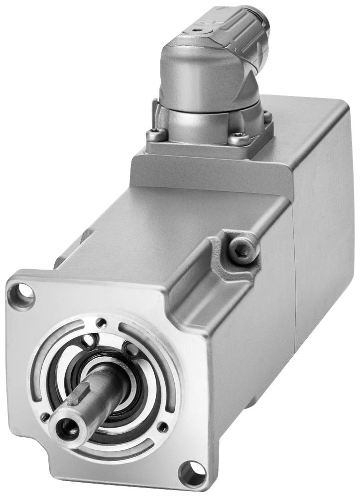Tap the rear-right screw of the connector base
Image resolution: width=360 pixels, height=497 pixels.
(267, 116)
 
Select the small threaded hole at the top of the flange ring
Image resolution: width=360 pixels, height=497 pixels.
(102, 322)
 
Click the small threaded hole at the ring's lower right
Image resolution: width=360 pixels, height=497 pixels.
(162, 426)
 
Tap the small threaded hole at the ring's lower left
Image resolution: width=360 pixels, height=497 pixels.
(45, 417)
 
